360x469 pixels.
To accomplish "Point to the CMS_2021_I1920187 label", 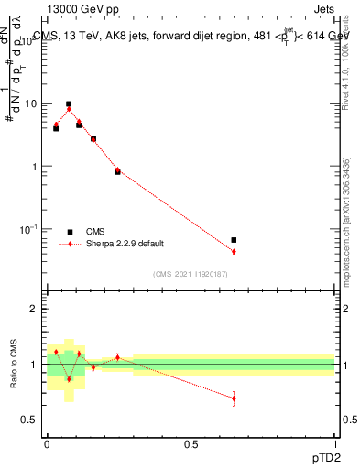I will [191, 274].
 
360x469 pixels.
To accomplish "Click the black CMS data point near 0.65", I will [234, 240].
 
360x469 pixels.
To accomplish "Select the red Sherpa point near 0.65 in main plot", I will [234, 251].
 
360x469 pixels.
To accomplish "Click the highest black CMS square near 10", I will [69, 104].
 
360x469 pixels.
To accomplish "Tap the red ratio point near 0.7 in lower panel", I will [234, 398].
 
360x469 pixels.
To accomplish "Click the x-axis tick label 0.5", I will [191, 443].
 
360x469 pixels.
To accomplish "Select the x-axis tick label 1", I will [334, 443].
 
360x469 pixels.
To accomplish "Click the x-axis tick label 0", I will [48, 443].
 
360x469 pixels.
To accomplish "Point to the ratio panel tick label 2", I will [34, 310].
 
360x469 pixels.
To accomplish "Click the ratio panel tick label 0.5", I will [29, 420].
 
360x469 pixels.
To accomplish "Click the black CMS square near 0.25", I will [117, 171].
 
